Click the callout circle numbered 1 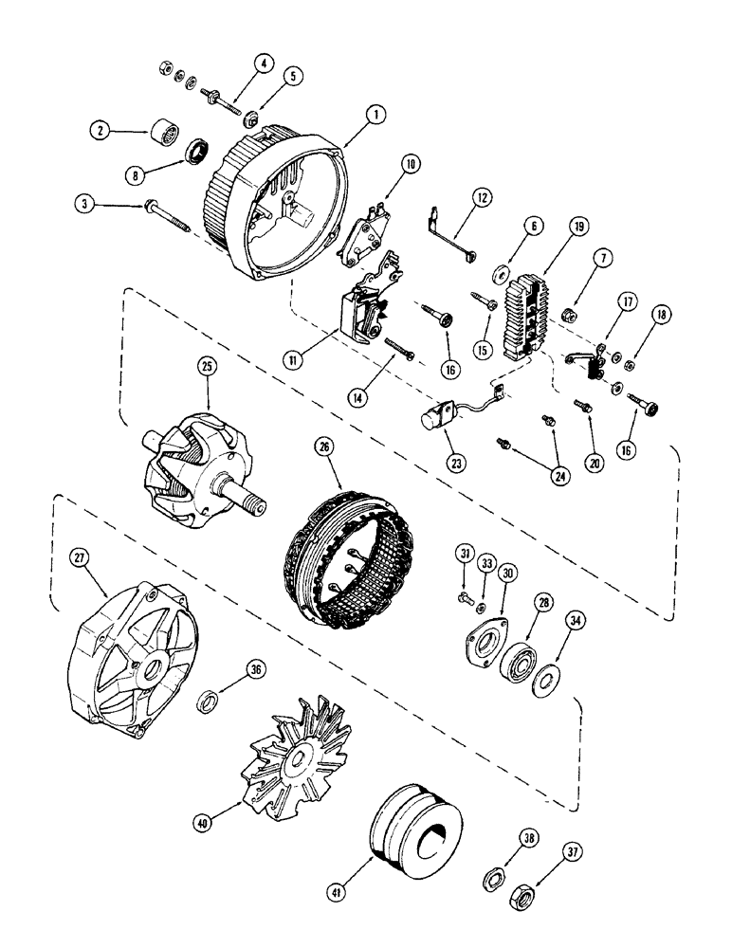click(x=376, y=114)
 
